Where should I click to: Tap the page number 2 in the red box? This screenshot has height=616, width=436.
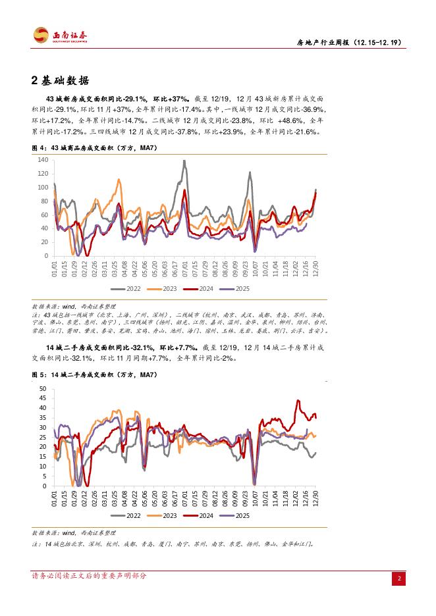398,578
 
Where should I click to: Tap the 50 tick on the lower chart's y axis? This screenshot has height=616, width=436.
43,388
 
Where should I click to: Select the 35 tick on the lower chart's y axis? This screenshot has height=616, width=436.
43,417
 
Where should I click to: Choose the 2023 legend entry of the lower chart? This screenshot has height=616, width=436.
167,516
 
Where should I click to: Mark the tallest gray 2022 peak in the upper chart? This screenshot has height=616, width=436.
184,161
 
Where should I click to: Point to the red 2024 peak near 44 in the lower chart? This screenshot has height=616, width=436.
298,400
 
